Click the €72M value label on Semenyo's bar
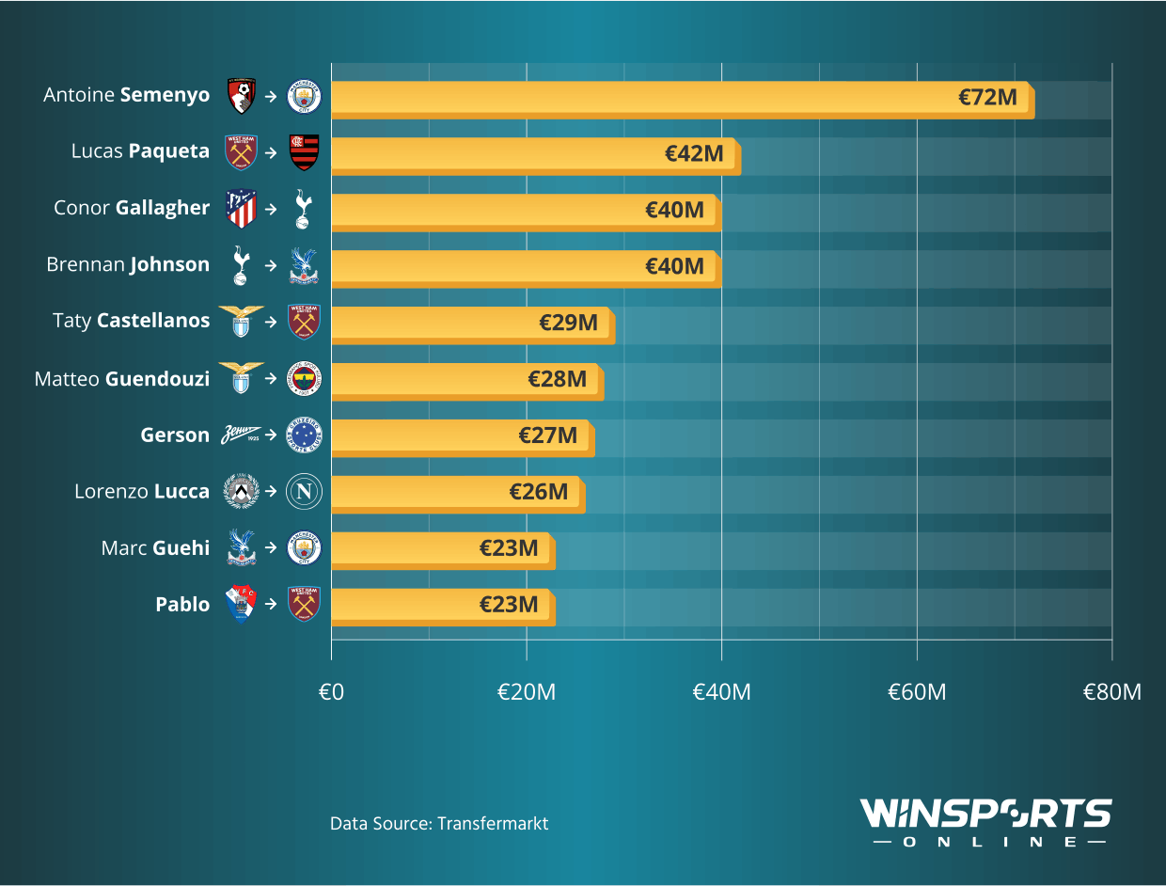pyautogui.click(x=987, y=97)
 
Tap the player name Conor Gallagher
pyautogui.click(x=132, y=208)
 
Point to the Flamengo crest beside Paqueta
pyautogui.click(x=304, y=152)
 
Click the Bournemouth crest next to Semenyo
pyautogui.click(x=242, y=96)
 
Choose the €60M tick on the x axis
pyautogui.click(x=917, y=692)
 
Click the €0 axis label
pyautogui.click(x=331, y=692)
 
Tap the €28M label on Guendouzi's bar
pyautogui.click(x=557, y=379)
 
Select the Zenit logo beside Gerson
pyautogui.click(x=242, y=435)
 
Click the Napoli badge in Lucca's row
pyautogui.click(x=304, y=491)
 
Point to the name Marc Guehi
pyautogui.click(x=155, y=547)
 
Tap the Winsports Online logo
pyautogui.click(x=986, y=822)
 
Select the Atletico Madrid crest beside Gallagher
pyautogui.click(x=242, y=209)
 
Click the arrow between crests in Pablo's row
pyautogui.click(x=271, y=604)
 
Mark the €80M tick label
pyautogui.click(x=1112, y=692)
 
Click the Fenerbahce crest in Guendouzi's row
pyautogui.click(x=304, y=378)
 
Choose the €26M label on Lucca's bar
pyautogui.click(x=539, y=492)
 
